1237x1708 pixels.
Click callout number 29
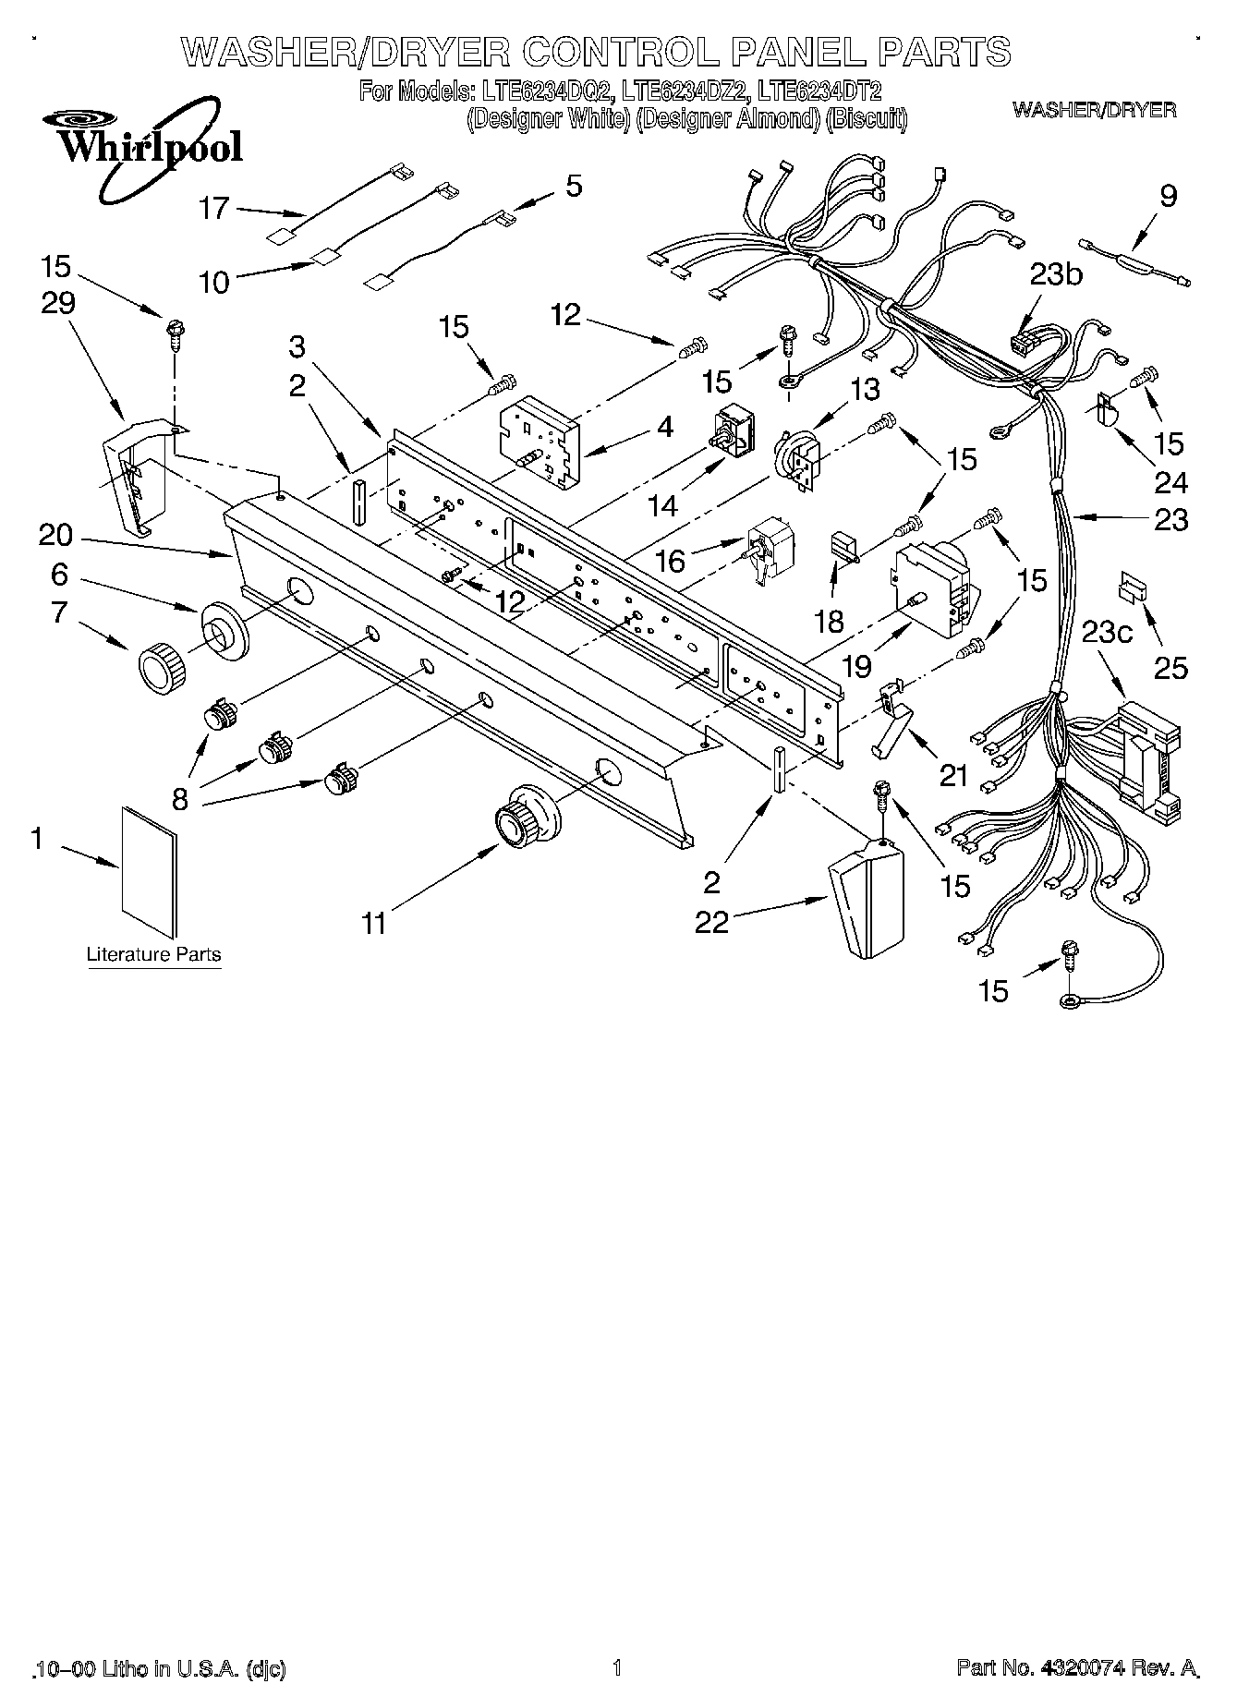tap(57, 303)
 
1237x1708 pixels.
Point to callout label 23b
tap(1057, 274)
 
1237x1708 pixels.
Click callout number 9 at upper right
tap(1169, 196)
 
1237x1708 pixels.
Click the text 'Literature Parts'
tap(153, 953)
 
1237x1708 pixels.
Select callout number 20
tap(56, 534)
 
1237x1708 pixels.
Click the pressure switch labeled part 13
tap(797, 459)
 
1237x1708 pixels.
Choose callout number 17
tap(213, 208)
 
